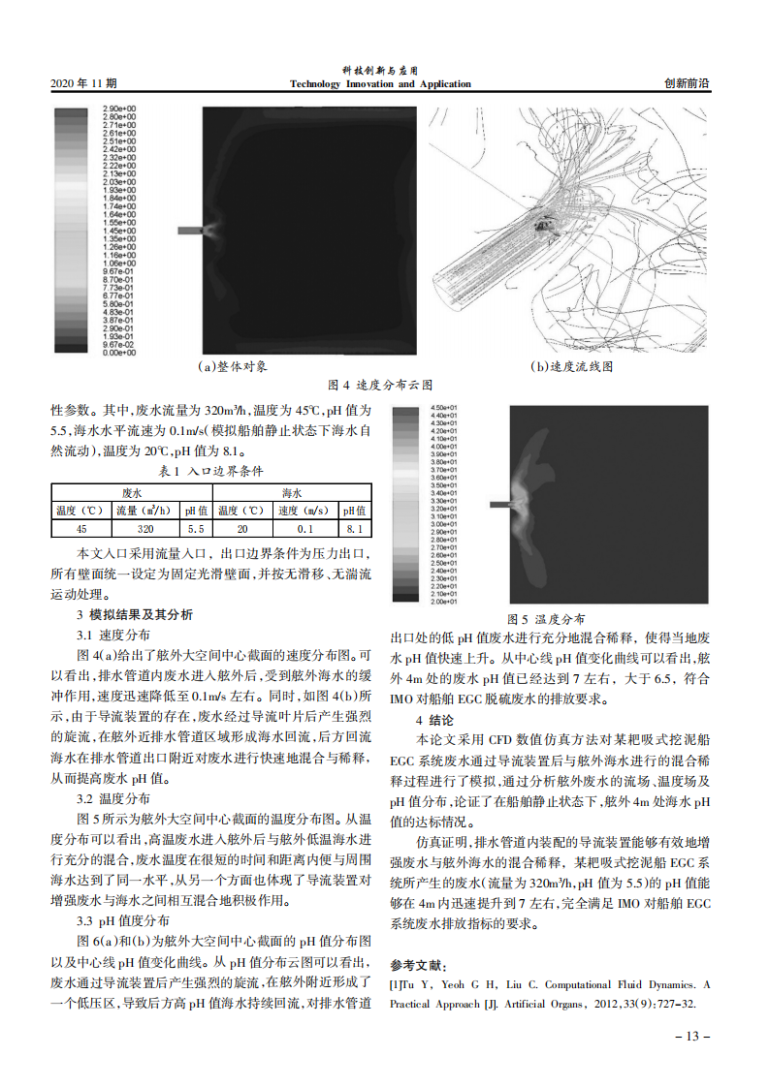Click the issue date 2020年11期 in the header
[82, 84]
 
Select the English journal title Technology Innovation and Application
[380, 84]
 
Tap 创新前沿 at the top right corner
[687, 84]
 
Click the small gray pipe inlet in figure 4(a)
[188, 230]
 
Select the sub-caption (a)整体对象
[232, 367]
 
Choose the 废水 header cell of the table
[131, 493]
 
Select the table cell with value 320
[145, 529]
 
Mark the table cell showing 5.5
[195, 529]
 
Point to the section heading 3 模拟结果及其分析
[135, 615]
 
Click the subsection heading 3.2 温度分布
[113, 799]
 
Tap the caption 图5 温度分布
[547, 619]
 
